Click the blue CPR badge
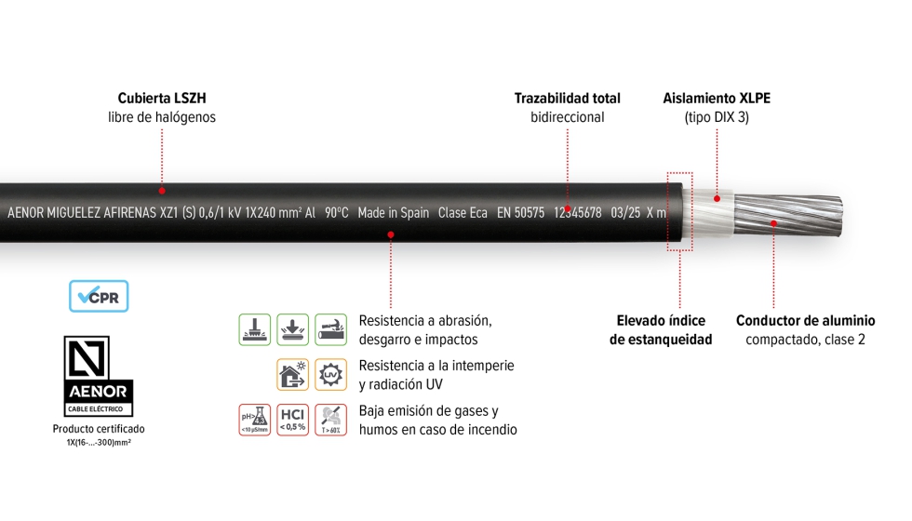pyautogui.click(x=99, y=296)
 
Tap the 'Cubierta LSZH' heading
pyautogui.click(x=162, y=98)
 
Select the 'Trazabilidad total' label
pyautogui.click(x=567, y=98)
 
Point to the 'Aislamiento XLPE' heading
pyautogui.click(x=717, y=98)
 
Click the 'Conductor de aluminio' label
pyautogui.click(x=805, y=321)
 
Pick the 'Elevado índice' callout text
pyautogui.click(x=661, y=321)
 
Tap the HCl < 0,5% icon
pyautogui.click(x=293, y=420)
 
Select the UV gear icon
pyautogui.click(x=330, y=374)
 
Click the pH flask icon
pyautogui.click(x=255, y=420)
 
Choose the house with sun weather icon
pyautogui.click(x=293, y=374)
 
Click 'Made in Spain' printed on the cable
pyautogui.click(x=393, y=213)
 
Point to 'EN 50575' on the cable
pyautogui.click(x=520, y=213)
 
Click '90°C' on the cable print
pyautogui.click(x=337, y=213)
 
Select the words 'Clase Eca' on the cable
pyautogui.click(x=463, y=213)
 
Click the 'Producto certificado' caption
pyautogui.click(x=99, y=429)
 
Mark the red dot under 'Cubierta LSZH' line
pyautogui.click(x=162, y=190)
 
